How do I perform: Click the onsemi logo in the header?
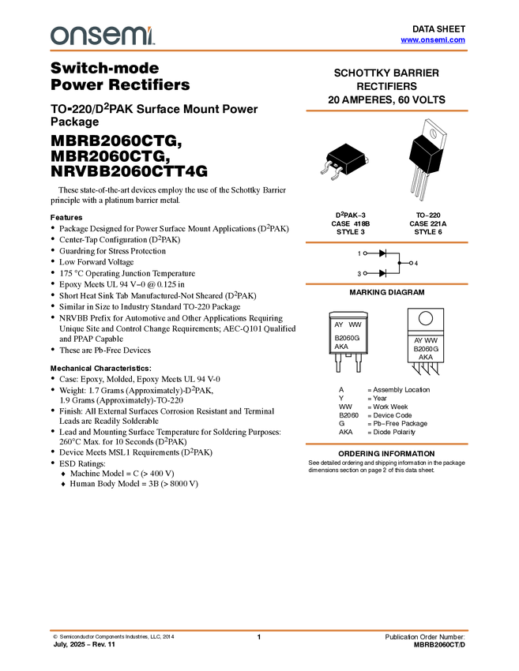click(x=102, y=36)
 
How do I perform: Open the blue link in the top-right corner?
click(x=433, y=39)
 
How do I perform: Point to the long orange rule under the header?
click(x=259, y=51)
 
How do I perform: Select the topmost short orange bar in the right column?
click(x=386, y=111)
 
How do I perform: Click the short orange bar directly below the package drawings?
click(x=386, y=242)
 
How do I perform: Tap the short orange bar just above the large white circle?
click(x=386, y=284)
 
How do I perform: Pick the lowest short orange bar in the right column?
click(x=386, y=444)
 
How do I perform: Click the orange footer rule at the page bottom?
click(x=259, y=631)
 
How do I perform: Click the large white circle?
click(x=426, y=318)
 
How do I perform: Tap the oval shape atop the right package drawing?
click(x=433, y=133)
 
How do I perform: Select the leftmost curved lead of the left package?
click(x=325, y=168)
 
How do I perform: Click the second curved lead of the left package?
click(x=337, y=171)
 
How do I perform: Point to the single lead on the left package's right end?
click(x=367, y=159)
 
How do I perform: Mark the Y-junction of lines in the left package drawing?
click(x=346, y=163)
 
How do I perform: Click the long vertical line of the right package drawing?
click(x=429, y=164)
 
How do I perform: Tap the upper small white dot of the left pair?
click(x=365, y=253)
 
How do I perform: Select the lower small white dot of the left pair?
click(x=365, y=273)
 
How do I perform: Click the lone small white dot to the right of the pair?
click(x=411, y=263)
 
